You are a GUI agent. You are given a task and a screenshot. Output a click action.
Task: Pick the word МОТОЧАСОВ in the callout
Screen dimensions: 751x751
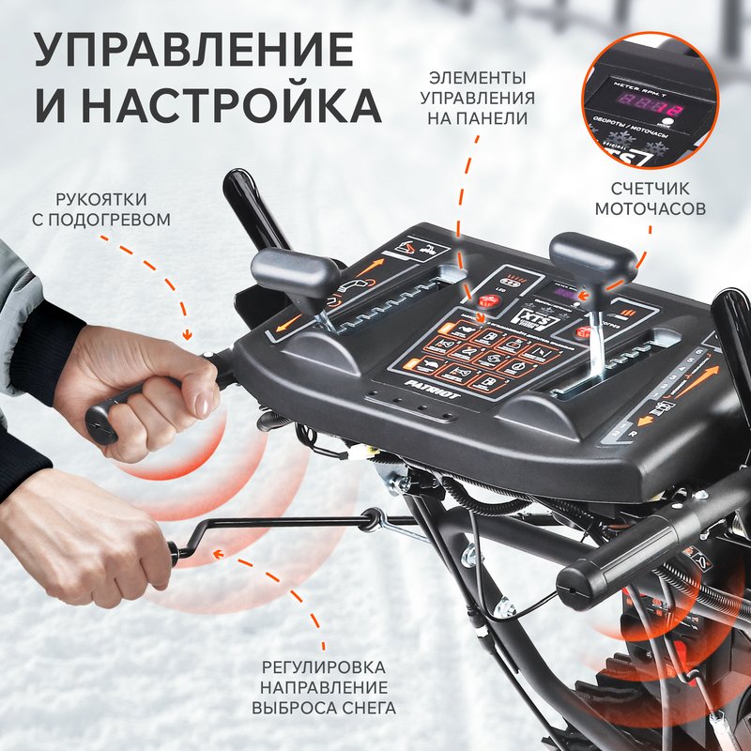pyautogui.click(x=650, y=207)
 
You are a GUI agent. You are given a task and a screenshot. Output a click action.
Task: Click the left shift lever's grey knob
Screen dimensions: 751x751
pyautogui.click(x=296, y=273)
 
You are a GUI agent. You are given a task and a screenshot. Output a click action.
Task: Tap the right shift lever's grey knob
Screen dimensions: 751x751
pyautogui.click(x=592, y=256)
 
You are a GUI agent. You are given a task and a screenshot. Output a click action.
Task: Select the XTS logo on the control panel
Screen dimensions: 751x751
pyautogui.click(x=514, y=318)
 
